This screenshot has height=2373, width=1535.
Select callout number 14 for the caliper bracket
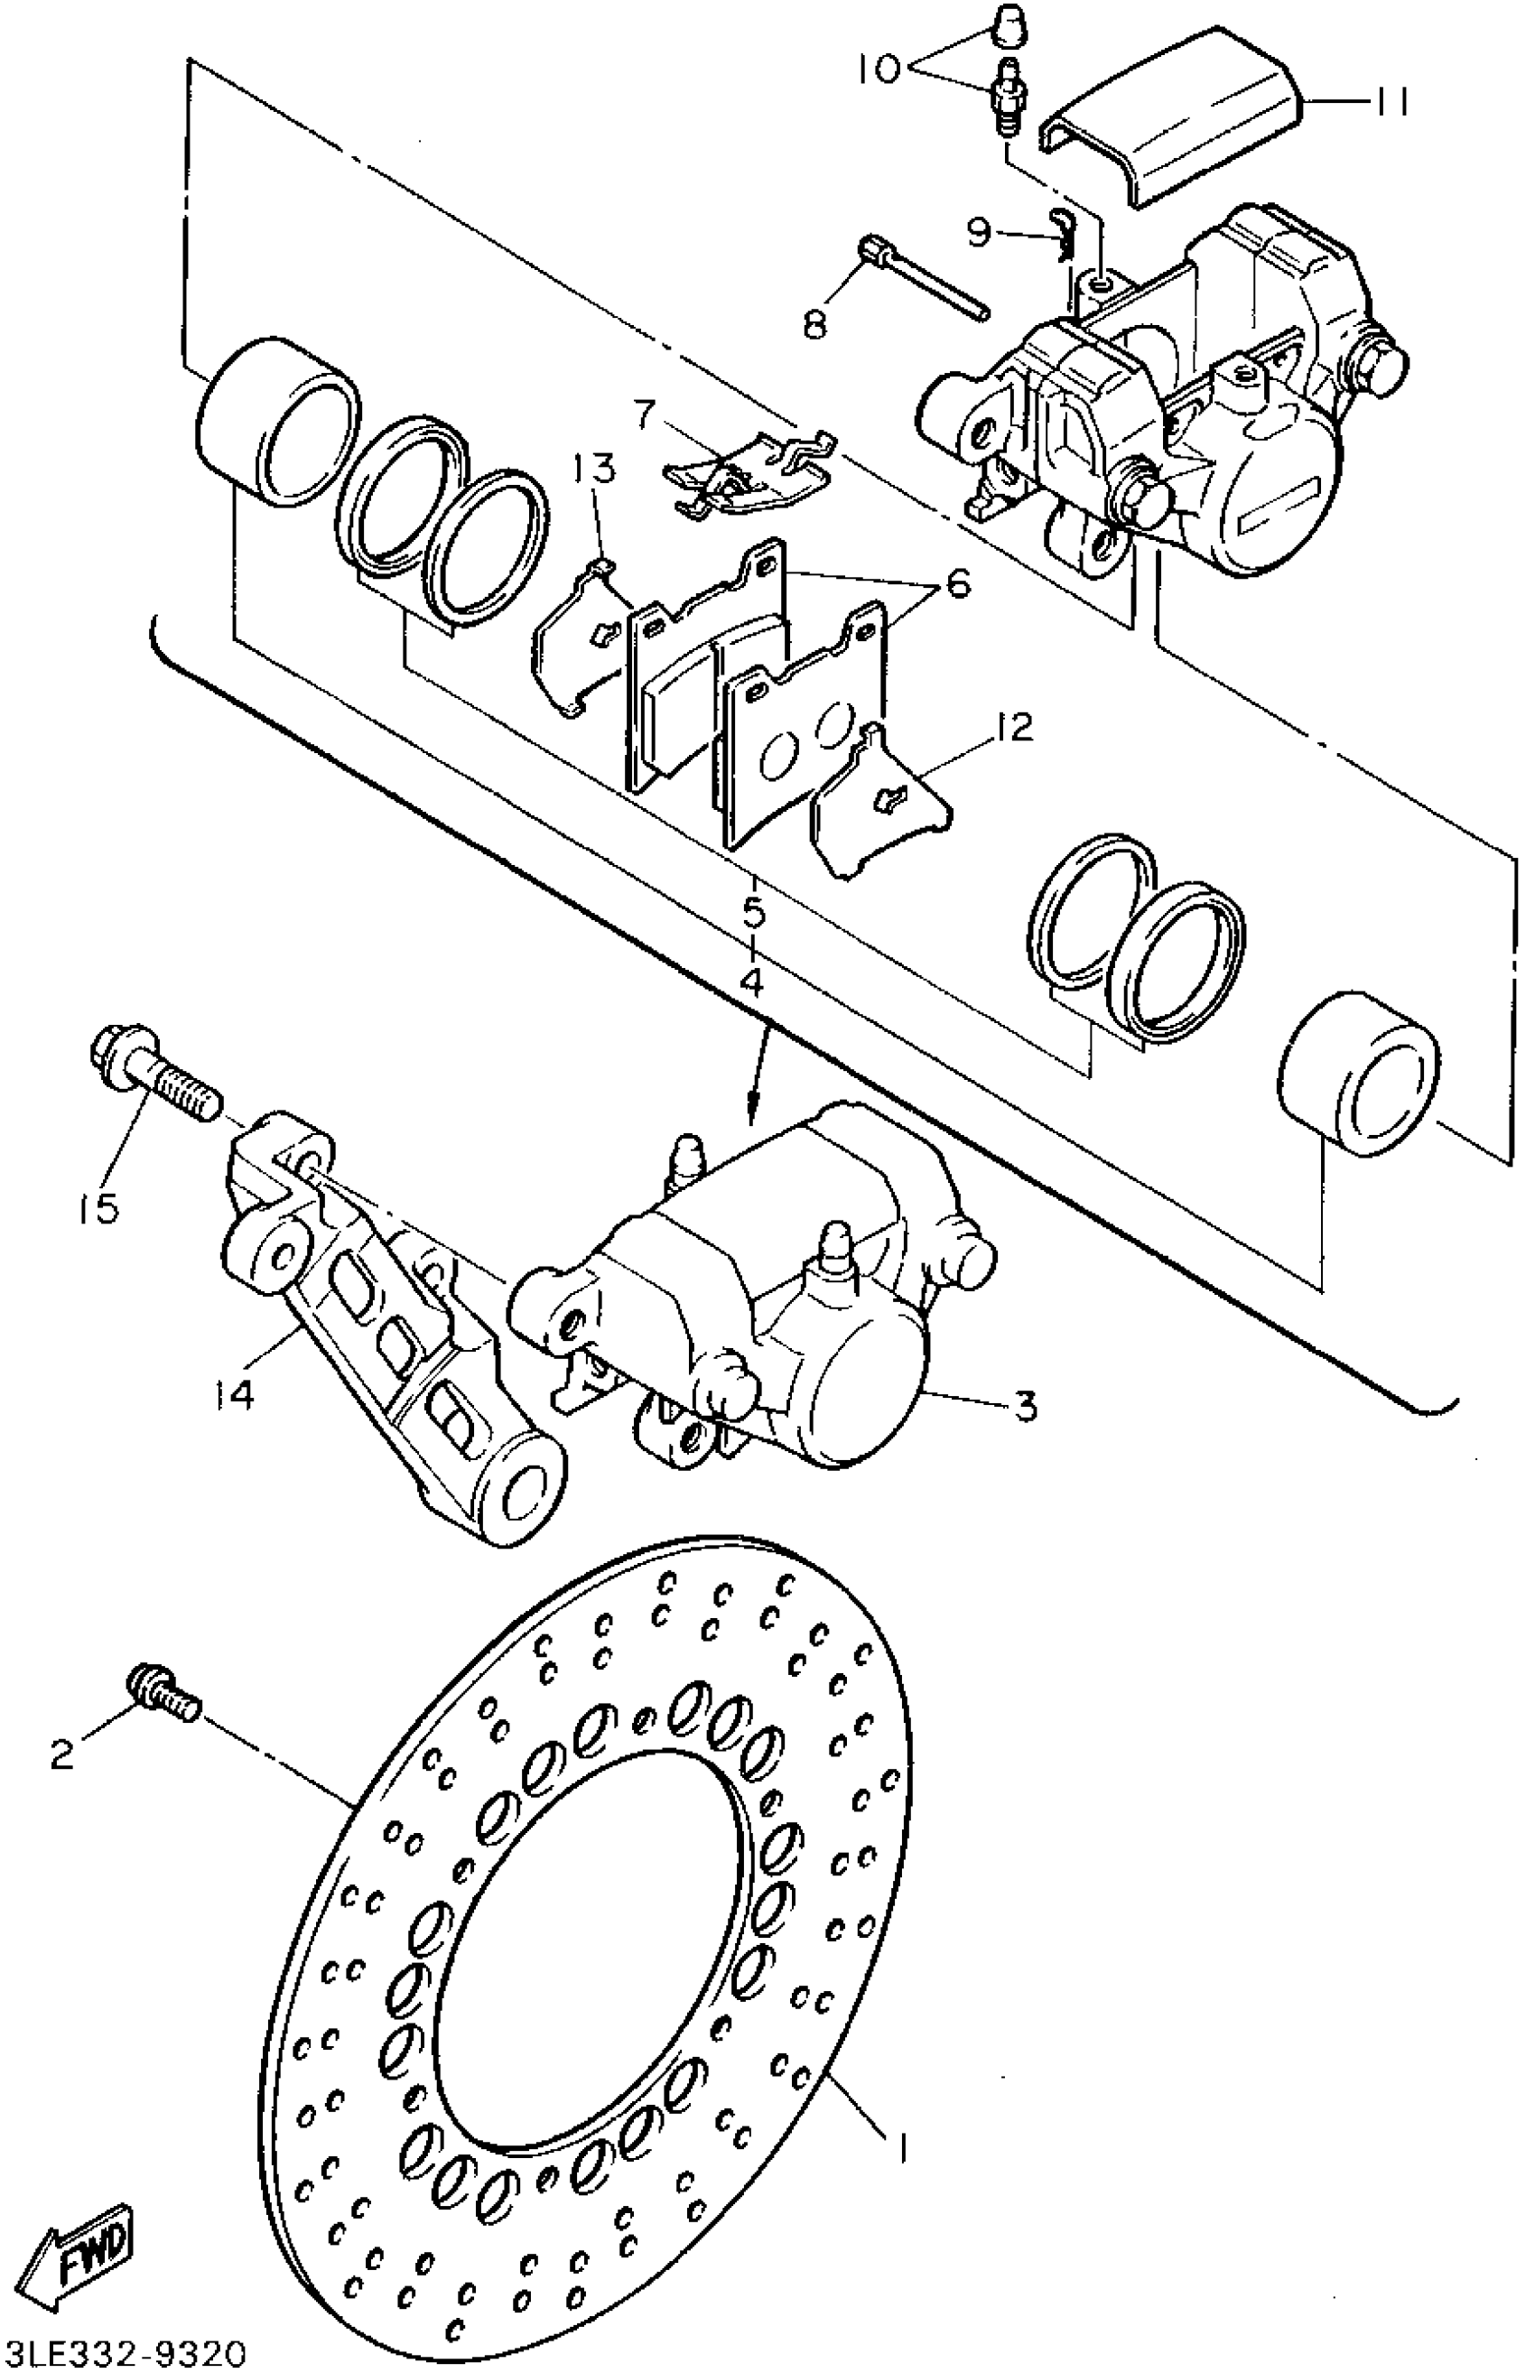click(233, 1393)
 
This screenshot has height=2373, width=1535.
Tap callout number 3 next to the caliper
click(1026, 1406)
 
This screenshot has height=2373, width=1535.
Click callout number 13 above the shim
click(595, 469)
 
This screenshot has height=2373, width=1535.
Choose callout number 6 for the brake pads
click(957, 584)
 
